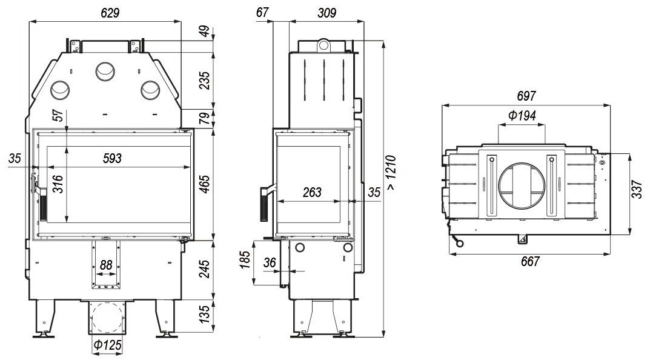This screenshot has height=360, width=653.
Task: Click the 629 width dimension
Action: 106,12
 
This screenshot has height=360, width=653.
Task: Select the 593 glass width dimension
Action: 112,159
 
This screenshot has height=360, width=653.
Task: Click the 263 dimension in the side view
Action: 311,193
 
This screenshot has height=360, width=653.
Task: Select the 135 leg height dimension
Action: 204,314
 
